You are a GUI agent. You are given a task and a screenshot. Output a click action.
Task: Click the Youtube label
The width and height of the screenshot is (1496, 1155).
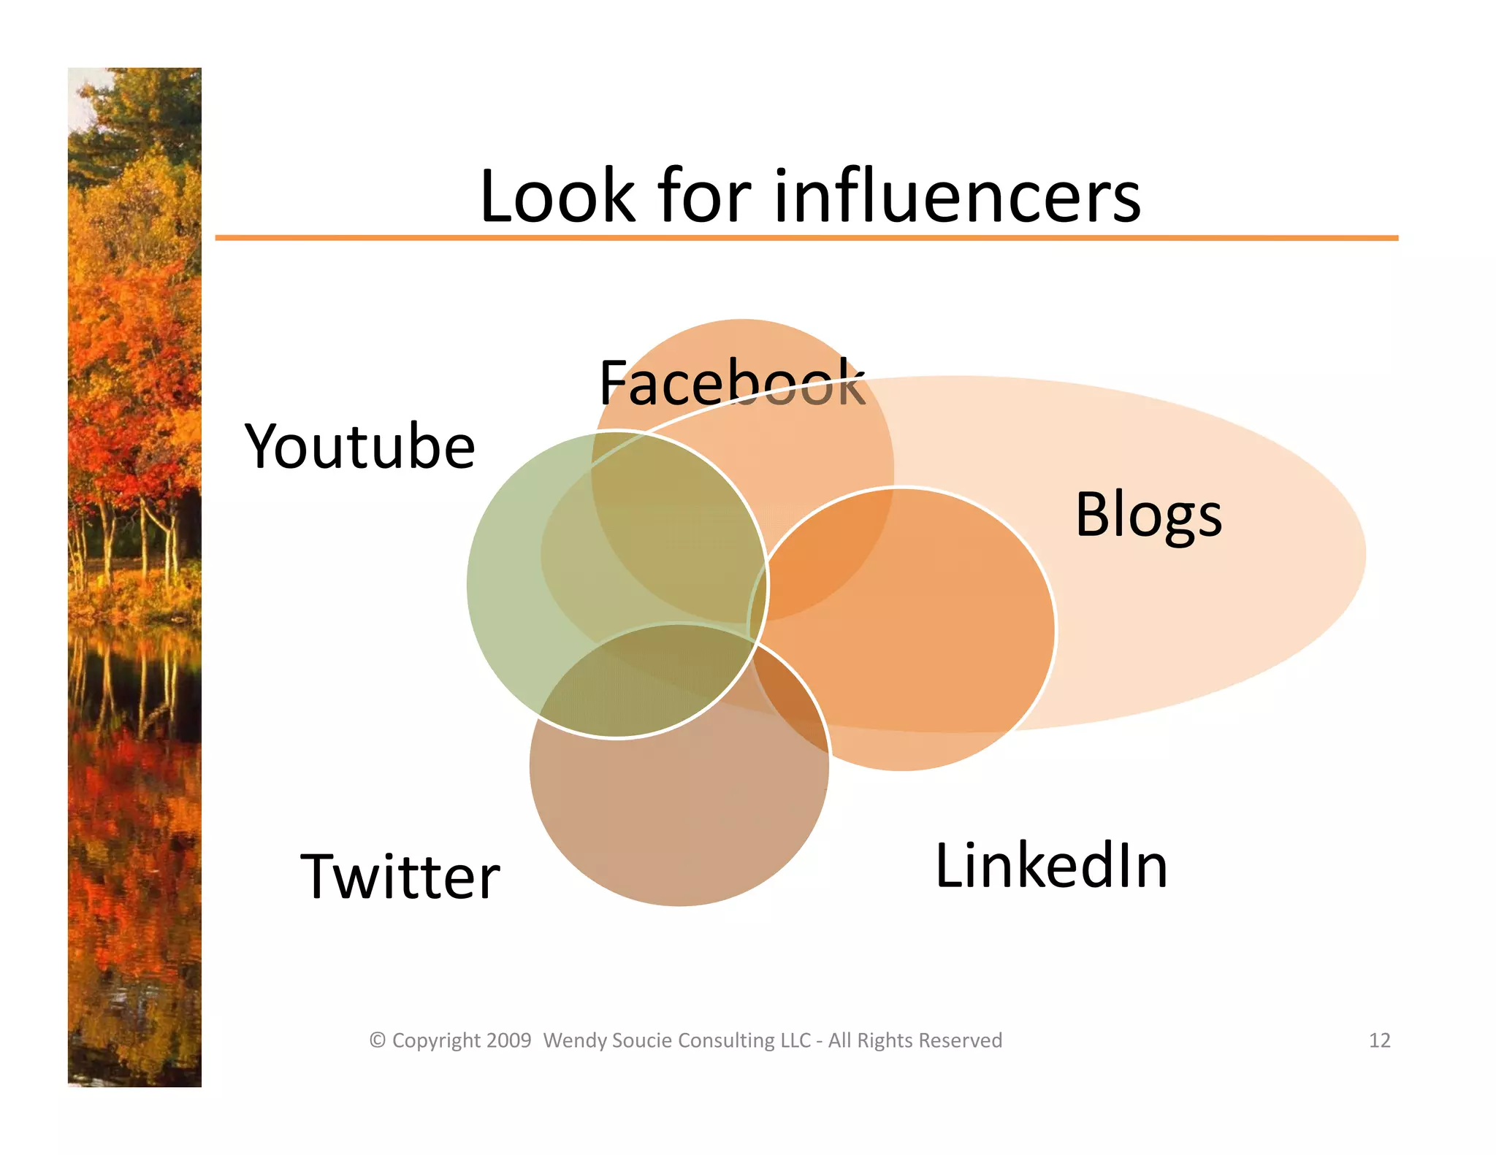[359, 446]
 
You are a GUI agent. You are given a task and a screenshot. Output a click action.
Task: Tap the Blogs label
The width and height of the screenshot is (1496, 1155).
[1148, 515]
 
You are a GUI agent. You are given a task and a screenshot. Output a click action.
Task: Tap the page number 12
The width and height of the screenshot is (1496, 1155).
[1379, 1040]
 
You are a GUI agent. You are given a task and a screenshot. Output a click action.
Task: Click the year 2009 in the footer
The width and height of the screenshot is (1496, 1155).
[508, 1040]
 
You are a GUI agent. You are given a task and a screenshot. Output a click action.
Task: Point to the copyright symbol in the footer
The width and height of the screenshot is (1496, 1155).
[377, 1040]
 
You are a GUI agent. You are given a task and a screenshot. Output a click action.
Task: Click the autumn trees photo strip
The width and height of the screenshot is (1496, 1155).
[134, 577]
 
